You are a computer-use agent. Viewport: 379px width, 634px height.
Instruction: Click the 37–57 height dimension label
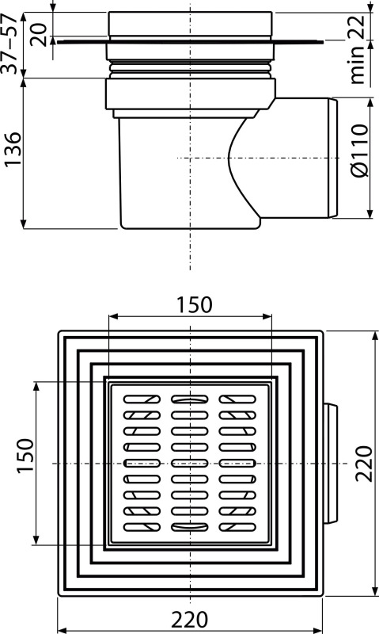tap(9, 44)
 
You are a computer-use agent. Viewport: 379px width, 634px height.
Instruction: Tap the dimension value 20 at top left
tap(40, 35)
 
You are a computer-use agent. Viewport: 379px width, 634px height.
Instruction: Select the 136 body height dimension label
tap(13, 149)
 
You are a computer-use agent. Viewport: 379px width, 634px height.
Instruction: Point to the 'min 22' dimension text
tap(358, 49)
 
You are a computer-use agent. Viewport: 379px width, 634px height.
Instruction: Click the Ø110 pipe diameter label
tap(359, 150)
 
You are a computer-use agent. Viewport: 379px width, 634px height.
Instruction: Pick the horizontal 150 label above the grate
tap(194, 304)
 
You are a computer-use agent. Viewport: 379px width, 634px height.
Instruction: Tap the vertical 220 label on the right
tap(363, 464)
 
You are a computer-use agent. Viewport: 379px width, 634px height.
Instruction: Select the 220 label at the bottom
tap(189, 620)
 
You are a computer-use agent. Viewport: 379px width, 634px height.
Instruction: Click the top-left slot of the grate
tap(142, 399)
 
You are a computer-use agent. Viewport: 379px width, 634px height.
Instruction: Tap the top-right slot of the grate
tap(237, 399)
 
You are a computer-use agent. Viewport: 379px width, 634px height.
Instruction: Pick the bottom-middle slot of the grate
tap(190, 527)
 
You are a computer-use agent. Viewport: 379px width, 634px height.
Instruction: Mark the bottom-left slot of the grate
tap(142, 527)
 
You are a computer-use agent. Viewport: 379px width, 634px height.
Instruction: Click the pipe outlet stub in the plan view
tap(331, 464)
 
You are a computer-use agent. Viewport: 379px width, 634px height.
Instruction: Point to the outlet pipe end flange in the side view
tap(333, 158)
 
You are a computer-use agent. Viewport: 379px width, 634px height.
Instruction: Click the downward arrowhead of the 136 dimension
tap(24, 224)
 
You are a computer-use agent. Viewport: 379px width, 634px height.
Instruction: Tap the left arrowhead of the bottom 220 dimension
tap(63, 630)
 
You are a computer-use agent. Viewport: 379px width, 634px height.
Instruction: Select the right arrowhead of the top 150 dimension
tap(267, 316)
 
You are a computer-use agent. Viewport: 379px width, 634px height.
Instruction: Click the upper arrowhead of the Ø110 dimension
tap(370, 103)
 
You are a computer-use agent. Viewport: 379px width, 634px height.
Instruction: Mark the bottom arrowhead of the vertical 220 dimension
tap(376, 590)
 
